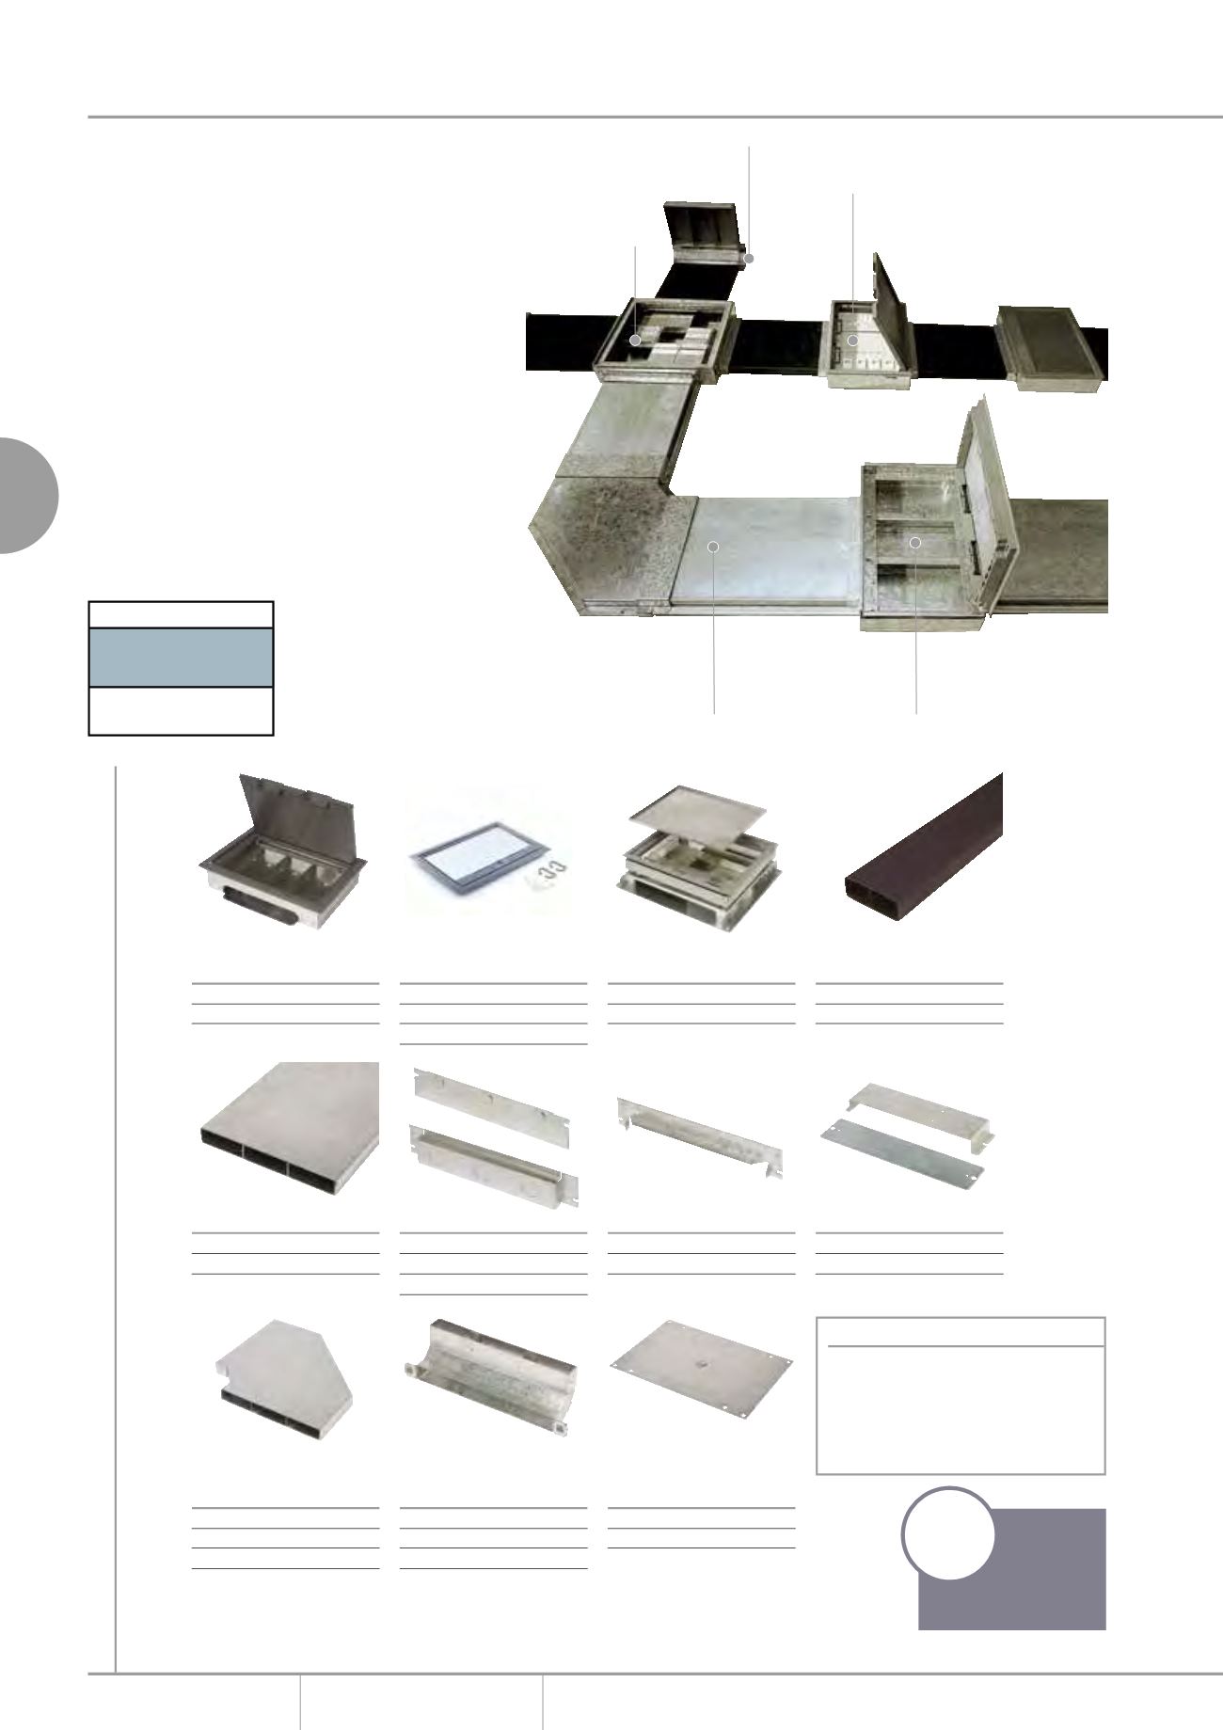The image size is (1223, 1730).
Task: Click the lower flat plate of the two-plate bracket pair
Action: click(x=900, y=1151)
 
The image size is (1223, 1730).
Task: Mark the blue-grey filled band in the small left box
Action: click(x=181, y=657)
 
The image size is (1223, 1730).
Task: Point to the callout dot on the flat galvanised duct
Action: click(x=713, y=546)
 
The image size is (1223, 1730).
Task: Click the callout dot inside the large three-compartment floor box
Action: click(x=914, y=543)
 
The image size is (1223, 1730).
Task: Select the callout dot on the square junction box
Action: click(x=636, y=340)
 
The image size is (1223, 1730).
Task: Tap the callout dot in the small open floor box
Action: click(x=852, y=340)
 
